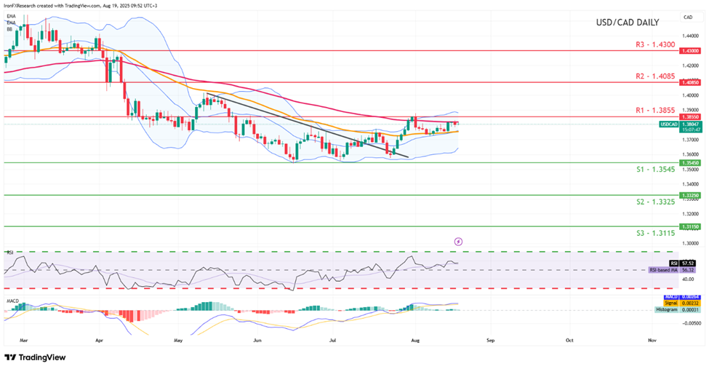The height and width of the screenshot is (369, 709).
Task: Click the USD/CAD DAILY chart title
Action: (627, 23)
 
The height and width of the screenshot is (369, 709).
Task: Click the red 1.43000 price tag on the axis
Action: (689, 51)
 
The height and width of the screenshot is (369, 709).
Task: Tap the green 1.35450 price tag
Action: (689, 163)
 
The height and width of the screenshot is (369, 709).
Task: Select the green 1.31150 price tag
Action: (689, 226)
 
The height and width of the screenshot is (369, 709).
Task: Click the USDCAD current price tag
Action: (669, 124)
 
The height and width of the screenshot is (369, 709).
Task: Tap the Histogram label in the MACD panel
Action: (666, 309)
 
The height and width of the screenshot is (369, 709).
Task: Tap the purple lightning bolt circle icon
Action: (458, 241)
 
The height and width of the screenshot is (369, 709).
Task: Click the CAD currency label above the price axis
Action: (687, 16)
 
